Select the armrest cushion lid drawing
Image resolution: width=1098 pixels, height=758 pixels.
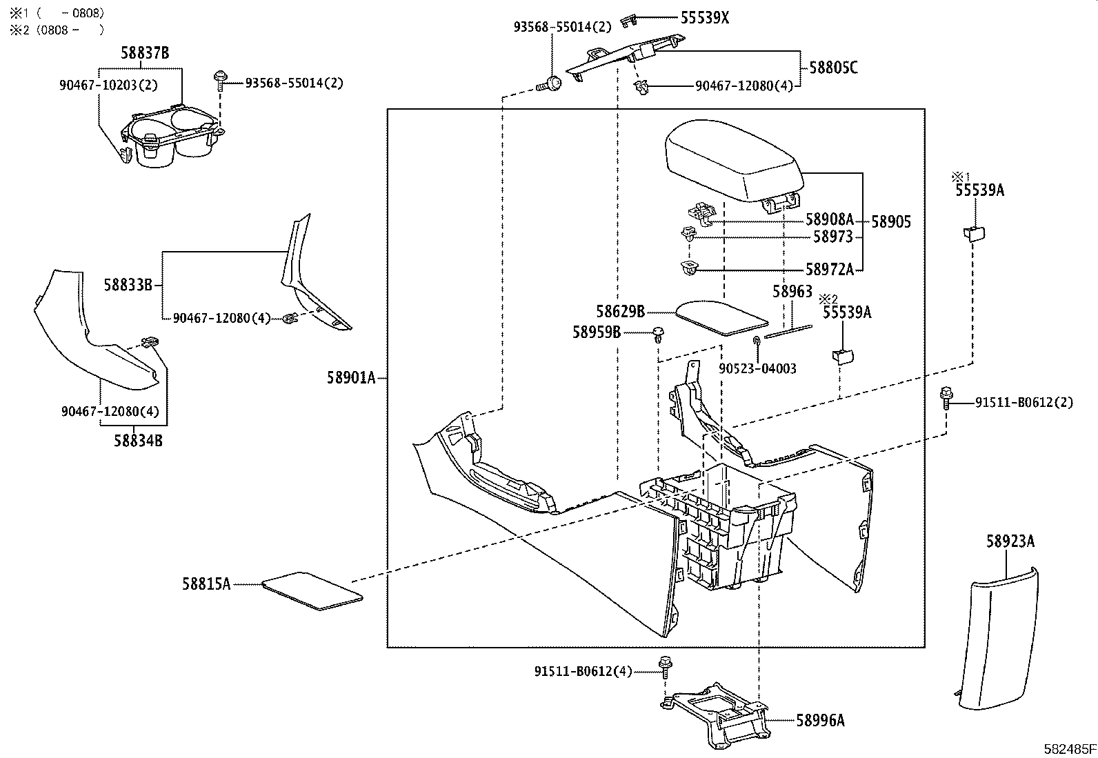point(732,159)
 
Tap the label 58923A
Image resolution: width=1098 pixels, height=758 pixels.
point(1010,542)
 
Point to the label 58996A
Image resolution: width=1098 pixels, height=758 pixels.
point(820,721)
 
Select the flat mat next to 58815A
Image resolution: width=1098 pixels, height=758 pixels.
point(312,590)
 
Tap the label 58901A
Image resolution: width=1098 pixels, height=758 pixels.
point(352,377)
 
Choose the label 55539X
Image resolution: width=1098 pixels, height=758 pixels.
point(704,18)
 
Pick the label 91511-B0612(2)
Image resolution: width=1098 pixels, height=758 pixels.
point(1024,402)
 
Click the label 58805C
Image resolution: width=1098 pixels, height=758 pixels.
point(833,68)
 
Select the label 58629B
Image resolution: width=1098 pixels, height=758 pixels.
point(620,312)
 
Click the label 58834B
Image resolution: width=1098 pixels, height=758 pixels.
point(138,441)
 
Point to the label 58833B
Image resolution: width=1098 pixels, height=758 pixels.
point(128,284)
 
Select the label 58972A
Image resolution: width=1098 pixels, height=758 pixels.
point(829,270)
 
